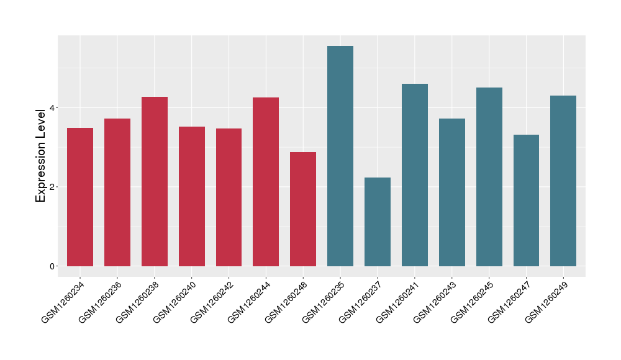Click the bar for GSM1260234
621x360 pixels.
click(80, 197)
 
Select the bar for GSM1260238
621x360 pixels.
click(155, 181)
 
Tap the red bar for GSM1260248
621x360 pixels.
click(303, 209)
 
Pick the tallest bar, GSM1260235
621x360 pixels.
click(340, 156)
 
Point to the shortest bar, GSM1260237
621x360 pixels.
click(378, 222)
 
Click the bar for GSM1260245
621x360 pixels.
click(489, 177)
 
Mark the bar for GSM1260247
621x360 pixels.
click(526, 200)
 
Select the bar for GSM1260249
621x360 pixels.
click(563, 181)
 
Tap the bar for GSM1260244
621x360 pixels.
click(266, 182)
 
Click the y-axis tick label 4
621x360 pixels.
click(53, 107)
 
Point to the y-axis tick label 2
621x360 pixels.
click(53, 187)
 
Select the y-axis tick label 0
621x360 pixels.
click(53, 266)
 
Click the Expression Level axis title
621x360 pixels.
click(41, 155)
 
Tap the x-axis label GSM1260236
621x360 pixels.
click(101, 302)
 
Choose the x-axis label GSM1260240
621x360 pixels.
click(175, 302)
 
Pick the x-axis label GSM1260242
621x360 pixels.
click(212, 302)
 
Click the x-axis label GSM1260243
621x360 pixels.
click(435, 302)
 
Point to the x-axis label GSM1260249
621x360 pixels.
click(547, 302)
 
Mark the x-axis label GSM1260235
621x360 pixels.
click(324, 302)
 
